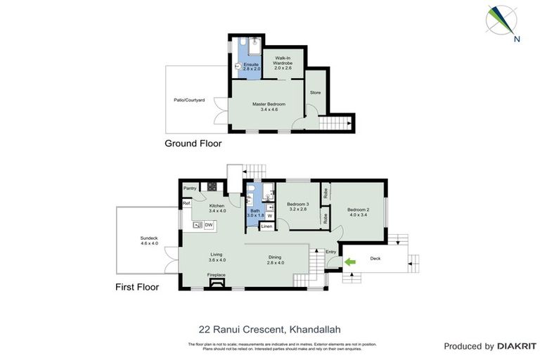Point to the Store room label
(315, 91)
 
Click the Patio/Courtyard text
(189, 101)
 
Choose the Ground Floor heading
(193, 143)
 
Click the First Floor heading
(137, 287)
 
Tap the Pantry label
(189, 188)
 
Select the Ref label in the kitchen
(186, 203)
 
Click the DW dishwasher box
(209, 225)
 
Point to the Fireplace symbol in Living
(216, 283)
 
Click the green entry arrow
(349, 262)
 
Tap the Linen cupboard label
(266, 226)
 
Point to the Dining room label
(275, 257)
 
